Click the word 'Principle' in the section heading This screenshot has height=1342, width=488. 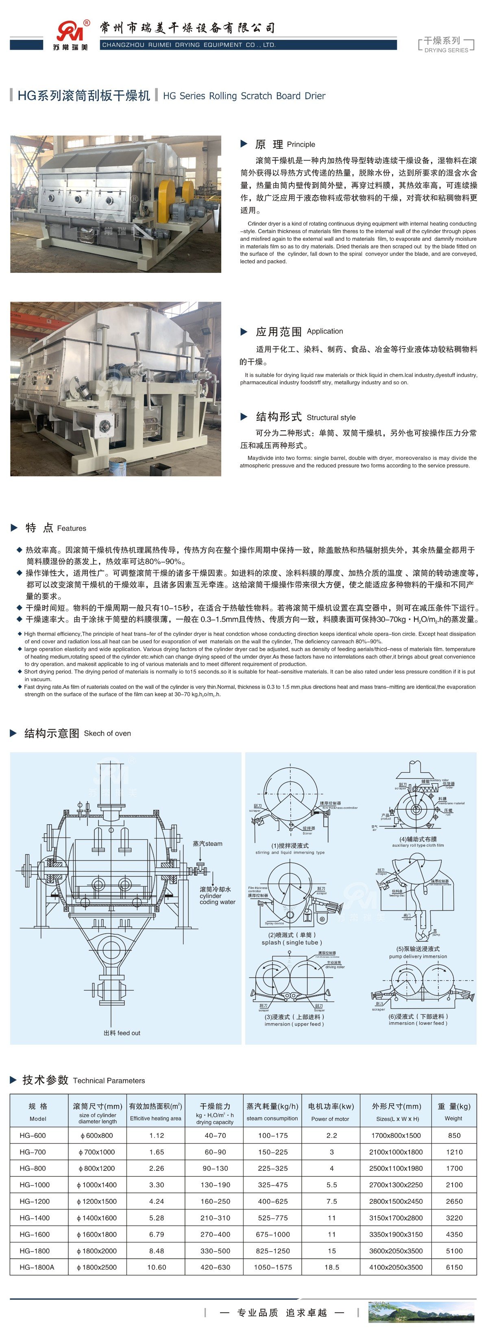[301, 144]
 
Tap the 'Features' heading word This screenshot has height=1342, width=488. [71, 528]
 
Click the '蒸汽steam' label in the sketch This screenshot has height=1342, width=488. [207, 843]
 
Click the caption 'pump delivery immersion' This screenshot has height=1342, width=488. [418, 956]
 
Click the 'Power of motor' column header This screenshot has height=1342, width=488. [330, 1118]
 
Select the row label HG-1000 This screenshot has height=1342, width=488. [35, 1185]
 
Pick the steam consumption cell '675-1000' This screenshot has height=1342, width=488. [273, 1234]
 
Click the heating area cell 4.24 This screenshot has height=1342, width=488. [156, 1201]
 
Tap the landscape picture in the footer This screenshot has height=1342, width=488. [421, 1312]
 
